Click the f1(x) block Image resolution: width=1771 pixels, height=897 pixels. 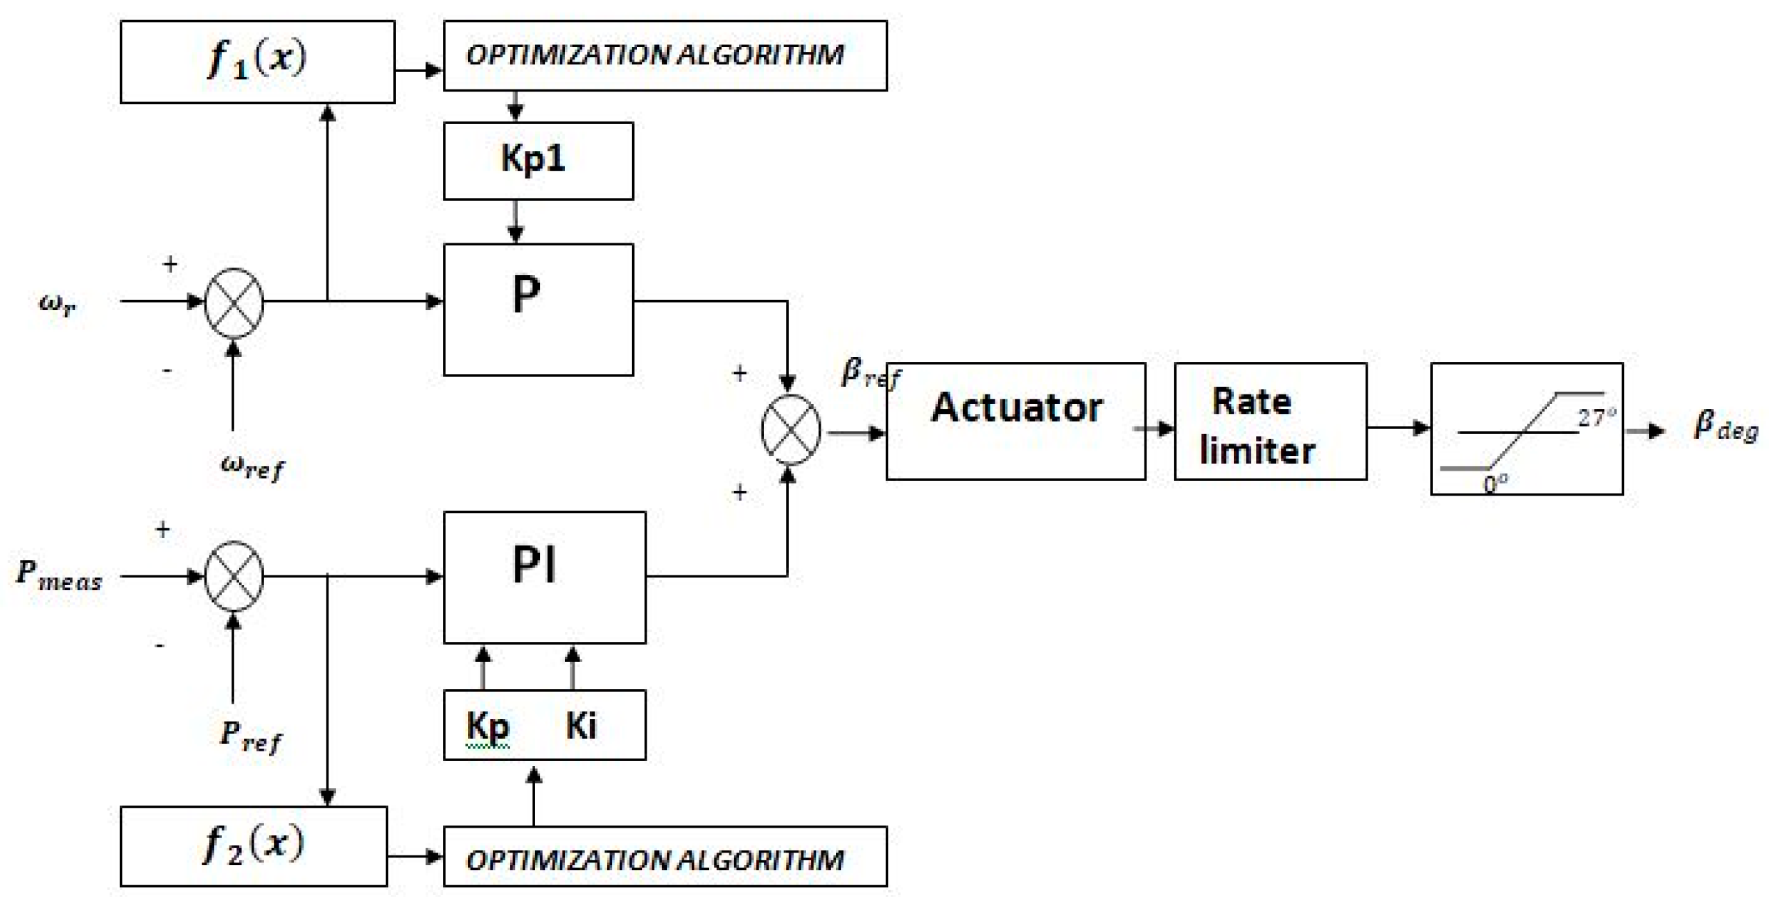click(257, 62)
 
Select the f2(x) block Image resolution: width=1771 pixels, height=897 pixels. click(254, 846)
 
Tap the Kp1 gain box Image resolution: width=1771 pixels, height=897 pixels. click(538, 161)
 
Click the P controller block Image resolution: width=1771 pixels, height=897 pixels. click(538, 309)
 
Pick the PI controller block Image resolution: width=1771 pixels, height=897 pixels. click(544, 577)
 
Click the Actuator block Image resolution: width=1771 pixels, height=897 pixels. click(1015, 421)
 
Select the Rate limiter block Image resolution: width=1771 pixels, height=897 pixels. click(1270, 421)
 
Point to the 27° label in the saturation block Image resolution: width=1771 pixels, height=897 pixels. click(1595, 418)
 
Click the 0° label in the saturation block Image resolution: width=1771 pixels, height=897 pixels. click(1494, 483)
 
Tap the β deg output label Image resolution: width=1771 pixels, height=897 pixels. click(1725, 426)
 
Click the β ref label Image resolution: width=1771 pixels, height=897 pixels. click(870, 374)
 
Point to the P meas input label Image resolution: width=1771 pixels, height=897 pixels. click(59, 575)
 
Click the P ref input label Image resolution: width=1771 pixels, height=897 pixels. click(250, 737)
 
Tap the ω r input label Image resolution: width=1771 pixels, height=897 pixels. click(57, 304)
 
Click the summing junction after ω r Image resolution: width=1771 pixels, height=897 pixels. click(234, 302)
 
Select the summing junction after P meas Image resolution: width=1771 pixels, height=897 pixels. click(234, 576)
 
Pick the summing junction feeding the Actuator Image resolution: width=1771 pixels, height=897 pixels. click(790, 430)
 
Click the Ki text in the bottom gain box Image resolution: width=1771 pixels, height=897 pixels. click(580, 726)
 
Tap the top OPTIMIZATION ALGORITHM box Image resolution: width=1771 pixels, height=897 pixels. click(665, 55)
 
